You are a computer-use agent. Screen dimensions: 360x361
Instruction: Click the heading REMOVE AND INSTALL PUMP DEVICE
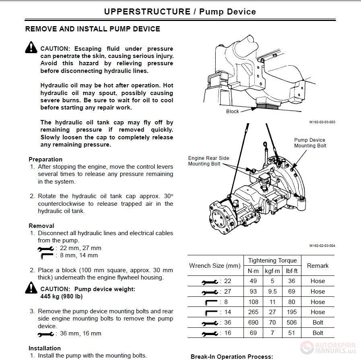pos(93,29)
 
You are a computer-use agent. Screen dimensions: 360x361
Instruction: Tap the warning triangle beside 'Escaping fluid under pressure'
pos(31,48)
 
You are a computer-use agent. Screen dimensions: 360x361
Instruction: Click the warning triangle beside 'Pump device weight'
pos(31,288)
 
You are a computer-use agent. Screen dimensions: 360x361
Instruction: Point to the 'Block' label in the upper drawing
pos(233,112)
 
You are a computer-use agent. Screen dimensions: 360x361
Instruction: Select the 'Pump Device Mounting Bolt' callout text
pos(310,143)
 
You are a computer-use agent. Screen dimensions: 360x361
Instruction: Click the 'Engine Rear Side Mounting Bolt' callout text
pos(208,161)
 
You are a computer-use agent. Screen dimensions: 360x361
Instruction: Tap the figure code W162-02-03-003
pos(322,122)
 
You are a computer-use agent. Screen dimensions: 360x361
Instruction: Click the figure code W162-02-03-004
pos(322,245)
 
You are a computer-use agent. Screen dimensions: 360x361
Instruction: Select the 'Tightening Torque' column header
pos(272,261)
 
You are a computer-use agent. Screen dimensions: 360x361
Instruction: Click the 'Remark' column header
pos(318,266)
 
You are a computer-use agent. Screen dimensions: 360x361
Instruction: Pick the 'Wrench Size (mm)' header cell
pos(215,266)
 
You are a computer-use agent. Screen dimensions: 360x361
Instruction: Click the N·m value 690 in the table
pos(253,323)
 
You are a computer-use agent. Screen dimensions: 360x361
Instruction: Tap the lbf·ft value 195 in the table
pos(292,312)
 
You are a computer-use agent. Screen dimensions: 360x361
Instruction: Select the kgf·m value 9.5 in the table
pos(272,291)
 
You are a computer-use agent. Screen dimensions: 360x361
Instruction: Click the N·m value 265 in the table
pos(253,312)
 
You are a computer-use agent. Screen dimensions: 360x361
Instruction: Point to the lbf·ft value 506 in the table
pos(292,323)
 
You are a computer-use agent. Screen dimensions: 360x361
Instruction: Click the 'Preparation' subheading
pos(45,159)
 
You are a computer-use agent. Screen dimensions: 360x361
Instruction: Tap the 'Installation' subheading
pos(45,348)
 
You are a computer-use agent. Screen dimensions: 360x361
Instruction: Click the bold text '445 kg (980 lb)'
pos(62,296)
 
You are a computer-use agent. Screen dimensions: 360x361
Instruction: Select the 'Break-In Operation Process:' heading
pos(232,357)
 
